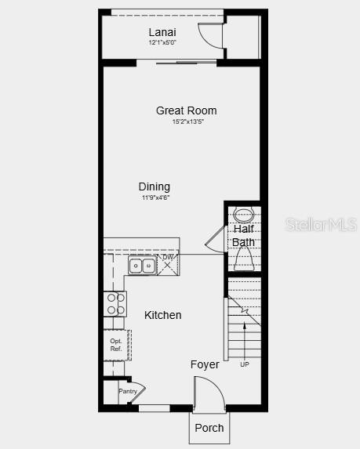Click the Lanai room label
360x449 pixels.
162,32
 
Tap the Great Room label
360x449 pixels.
186,110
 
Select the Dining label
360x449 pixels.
155,186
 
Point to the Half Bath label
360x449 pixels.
243,236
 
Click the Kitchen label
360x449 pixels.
163,315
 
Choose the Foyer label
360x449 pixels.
205,364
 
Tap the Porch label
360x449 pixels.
209,428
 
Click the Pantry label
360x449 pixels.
128,391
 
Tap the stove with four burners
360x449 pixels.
115,304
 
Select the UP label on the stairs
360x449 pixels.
245,364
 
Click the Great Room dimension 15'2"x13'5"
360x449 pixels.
188,122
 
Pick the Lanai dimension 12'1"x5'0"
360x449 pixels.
162,42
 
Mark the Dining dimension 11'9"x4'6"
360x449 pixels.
155,197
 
